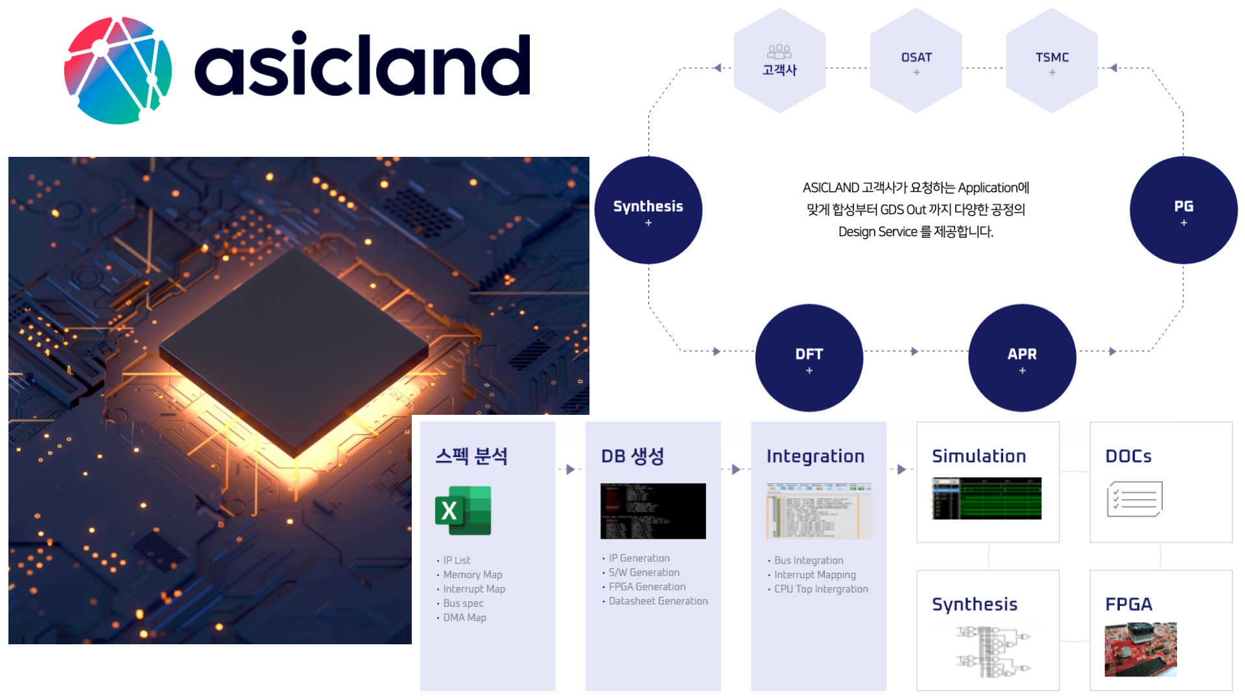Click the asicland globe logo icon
(x=118, y=70)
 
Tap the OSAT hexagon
(x=916, y=62)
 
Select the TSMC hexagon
(x=1051, y=62)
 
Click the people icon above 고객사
(x=779, y=51)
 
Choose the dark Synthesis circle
(x=648, y=210)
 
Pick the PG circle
(x=1183, y=210)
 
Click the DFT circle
(x=809, y=358)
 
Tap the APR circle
(x=1021, y=358)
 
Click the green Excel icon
(x=463, y=511)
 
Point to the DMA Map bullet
(x=464, y=618)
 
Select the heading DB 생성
(x=632, y=456)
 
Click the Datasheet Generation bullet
(x=658, y=601)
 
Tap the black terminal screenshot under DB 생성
(x=652, y=511)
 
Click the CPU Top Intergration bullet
(x=820, y=589)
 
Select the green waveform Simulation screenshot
(x=986, y=498)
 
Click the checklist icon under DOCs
(x=1134, y=499)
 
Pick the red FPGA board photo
(x=1140, y=649)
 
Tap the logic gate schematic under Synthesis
(x=992, y=651)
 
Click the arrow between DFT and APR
(x=914, y=351)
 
